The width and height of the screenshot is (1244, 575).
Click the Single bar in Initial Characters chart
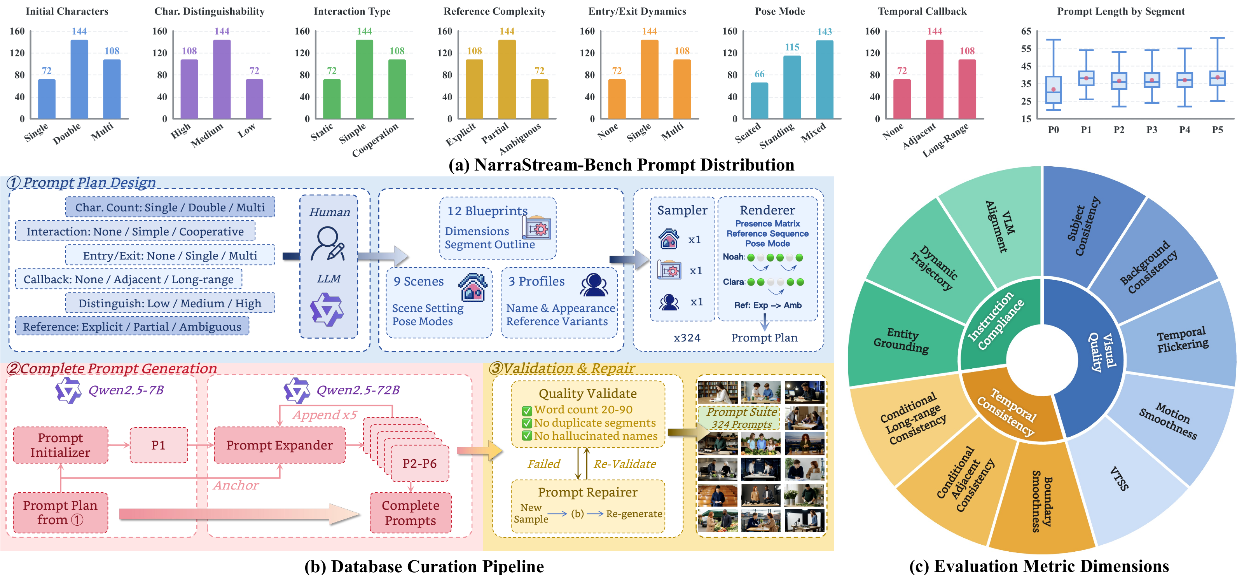[47, 99]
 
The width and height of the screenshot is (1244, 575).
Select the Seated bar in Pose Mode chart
[759, 100]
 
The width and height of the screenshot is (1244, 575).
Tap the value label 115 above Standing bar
[792, 47]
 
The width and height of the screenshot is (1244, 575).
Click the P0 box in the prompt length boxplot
[1053, 90]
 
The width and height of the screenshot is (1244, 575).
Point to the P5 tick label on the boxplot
[1218, 129]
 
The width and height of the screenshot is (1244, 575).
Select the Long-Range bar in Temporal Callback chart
[967, 89]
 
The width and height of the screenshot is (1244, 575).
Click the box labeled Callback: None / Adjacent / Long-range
[128, 279]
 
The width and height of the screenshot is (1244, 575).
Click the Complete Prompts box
[411, 513]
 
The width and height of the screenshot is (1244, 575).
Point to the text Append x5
[325, 415]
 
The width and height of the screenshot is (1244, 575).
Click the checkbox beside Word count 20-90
[527, 411]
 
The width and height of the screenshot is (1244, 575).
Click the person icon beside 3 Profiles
[594, 285]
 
